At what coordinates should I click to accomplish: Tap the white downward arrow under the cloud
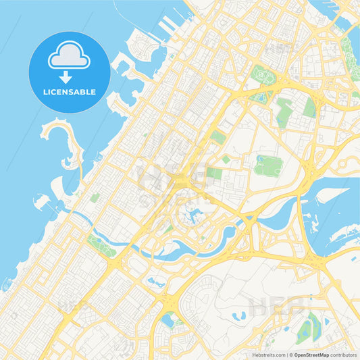pos(69,74)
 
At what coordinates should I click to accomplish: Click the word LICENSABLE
pos(70,91)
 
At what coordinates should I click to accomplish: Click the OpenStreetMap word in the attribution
pos(311,355)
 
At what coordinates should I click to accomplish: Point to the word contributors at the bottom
pos(344,355)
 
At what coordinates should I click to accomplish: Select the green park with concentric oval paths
pos(268,164)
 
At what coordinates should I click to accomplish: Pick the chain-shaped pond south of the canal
pos(155,283)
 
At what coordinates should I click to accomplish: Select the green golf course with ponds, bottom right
pos(308,329)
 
